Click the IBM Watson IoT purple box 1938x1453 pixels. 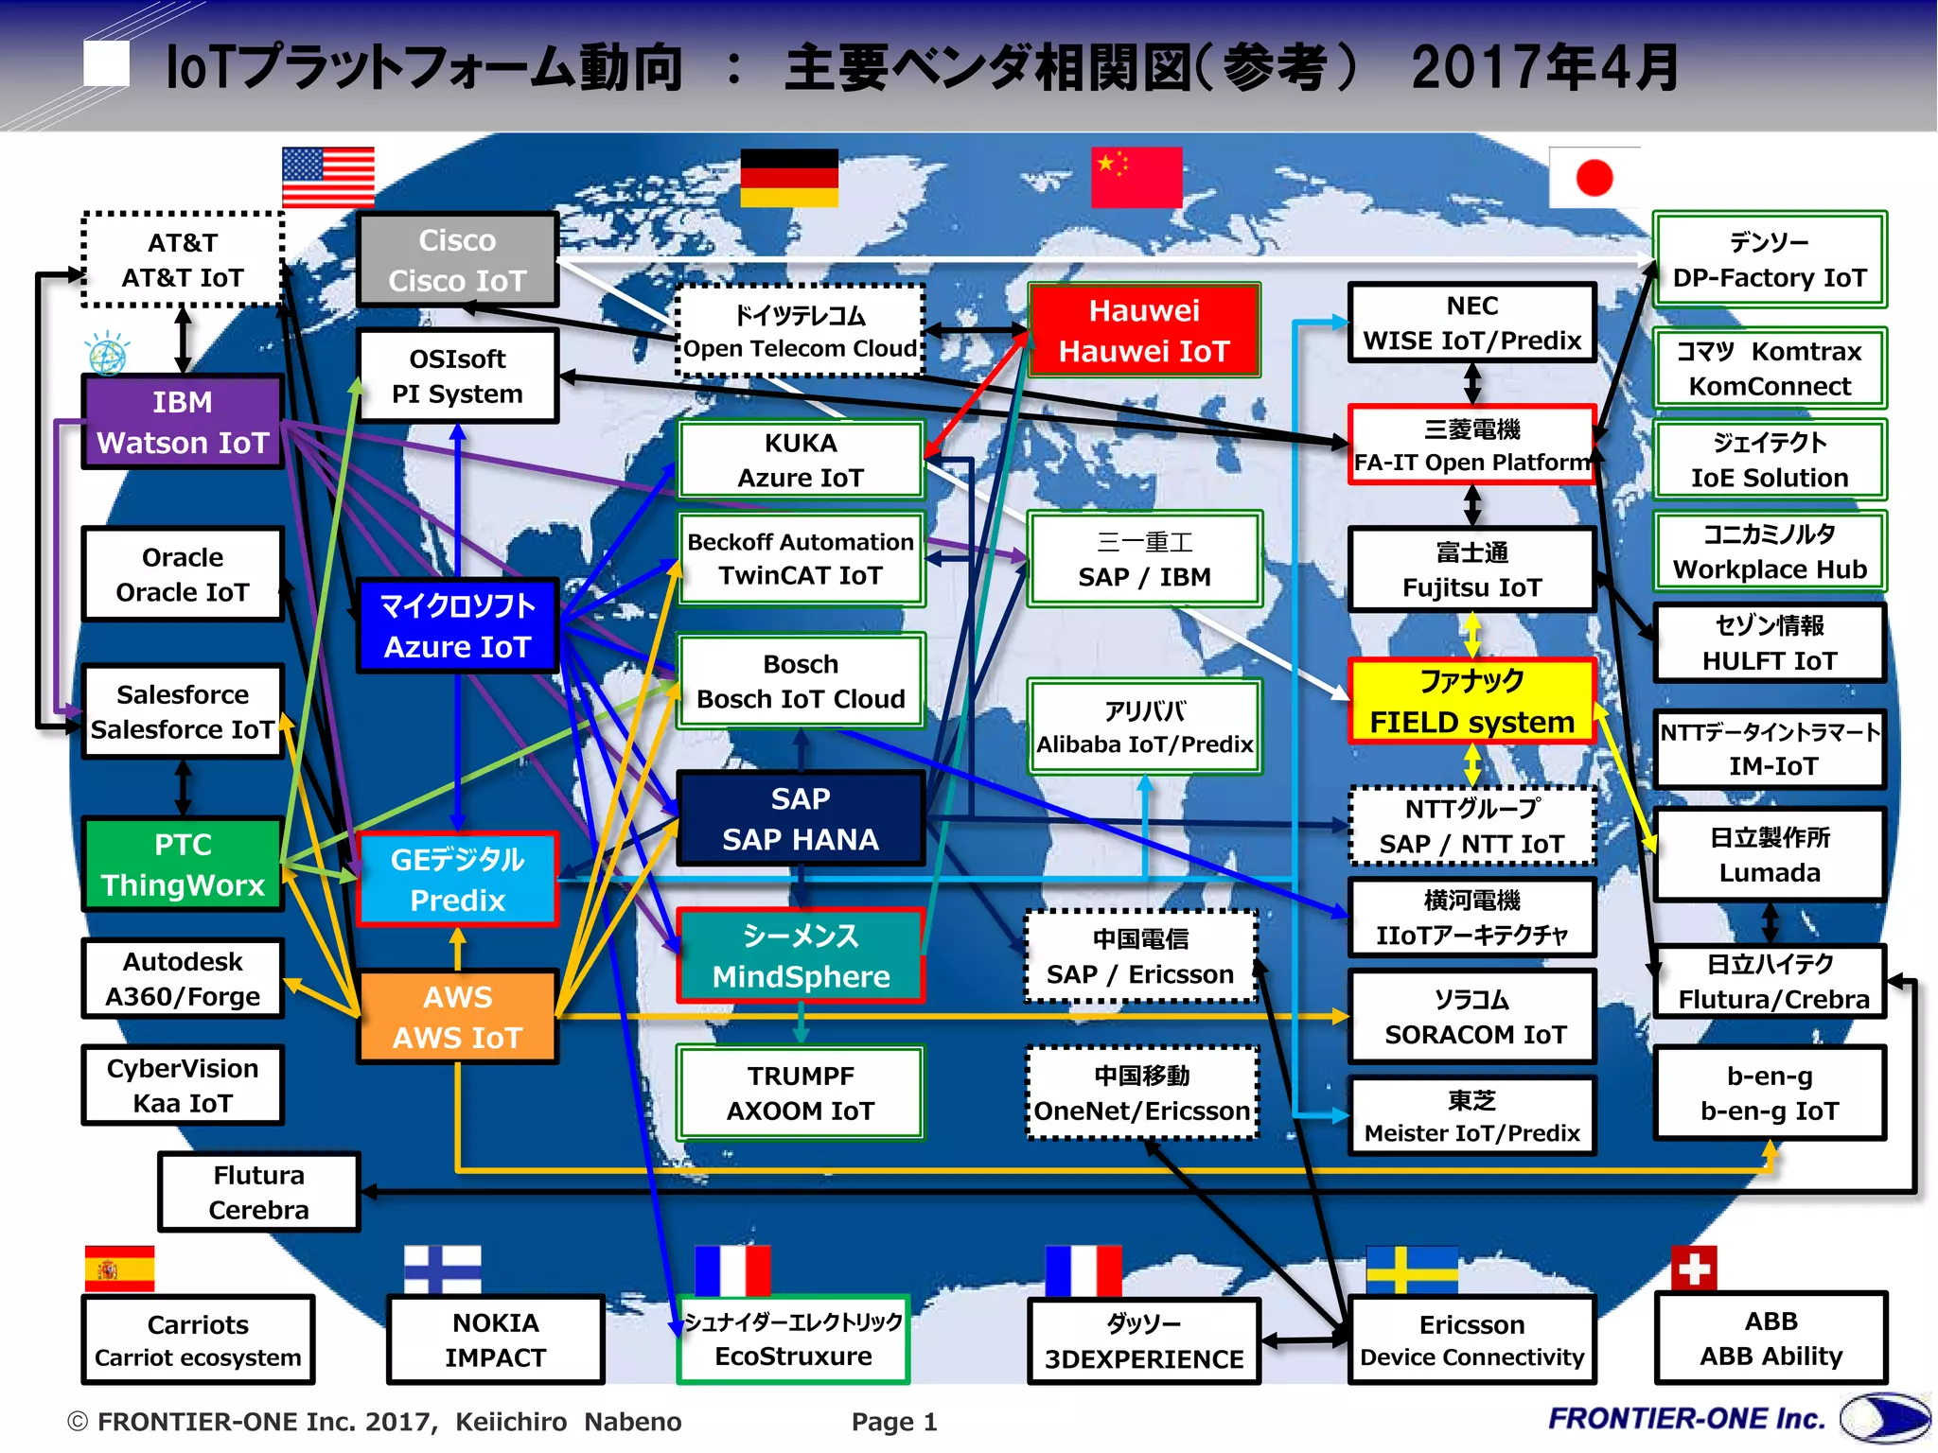pos(183,422)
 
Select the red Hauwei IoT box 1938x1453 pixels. pos(1144,330)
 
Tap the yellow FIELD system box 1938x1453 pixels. pos(1471,701)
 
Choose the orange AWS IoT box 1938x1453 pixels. pos(457,1017)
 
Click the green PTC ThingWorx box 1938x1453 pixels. pos(183,865)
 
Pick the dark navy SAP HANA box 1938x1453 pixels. pos(801,818)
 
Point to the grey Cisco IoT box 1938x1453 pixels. pos(457,260)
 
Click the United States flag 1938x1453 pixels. pos(328,177)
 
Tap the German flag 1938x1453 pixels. pos(789,177)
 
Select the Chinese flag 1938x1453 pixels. pos(1136,177)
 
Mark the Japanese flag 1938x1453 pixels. pos(1594,177)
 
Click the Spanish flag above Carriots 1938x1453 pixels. pos(119,1269)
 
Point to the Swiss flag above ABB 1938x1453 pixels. pos(1694,1268)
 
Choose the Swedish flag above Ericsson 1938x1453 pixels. pos(1412,1269)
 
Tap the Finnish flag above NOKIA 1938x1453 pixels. pos(442,1269)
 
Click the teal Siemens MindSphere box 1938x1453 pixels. pos(801,955)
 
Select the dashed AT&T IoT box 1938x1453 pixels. pos(183,260)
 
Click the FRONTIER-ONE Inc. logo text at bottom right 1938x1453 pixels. pos(1686,1418)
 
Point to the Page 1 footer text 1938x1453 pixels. pos(894,1422)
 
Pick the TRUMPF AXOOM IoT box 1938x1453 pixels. pos(801,1093)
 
